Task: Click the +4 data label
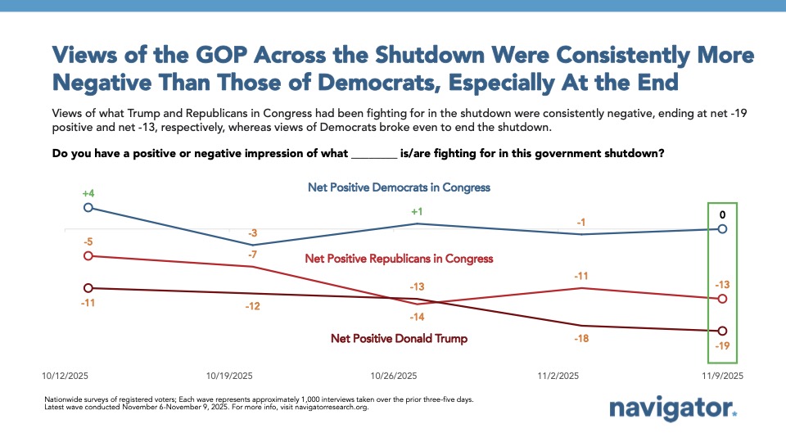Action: coord(88,193)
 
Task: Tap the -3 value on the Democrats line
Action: coord(253,233)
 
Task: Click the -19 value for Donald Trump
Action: coord(721,346)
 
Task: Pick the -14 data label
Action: coord(417,316)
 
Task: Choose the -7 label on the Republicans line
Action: coord(253,255)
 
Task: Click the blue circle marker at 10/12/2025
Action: coord(88,207)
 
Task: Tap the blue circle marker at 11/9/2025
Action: coord(721,229)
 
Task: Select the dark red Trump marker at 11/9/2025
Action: coord(721,331)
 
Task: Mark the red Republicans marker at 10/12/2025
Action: coord(88,256)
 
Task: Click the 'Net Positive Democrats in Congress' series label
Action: coord(399,187)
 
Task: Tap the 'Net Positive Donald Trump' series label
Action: coord(399,338)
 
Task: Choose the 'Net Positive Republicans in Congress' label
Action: coord(399,259)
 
